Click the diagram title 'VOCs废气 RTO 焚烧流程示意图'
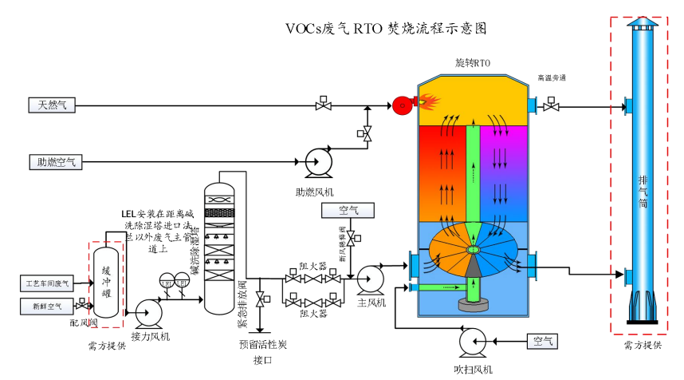coord(386,28)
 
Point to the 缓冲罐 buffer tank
coord(105,281)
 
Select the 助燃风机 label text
coord(314,192)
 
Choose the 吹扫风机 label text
coord(474,368)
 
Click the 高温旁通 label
coord(552,78)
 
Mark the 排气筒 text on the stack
coord(643,192)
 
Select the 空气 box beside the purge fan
coord(544,342)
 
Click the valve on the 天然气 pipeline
coord(324,105)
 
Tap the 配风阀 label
coord(83,323)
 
